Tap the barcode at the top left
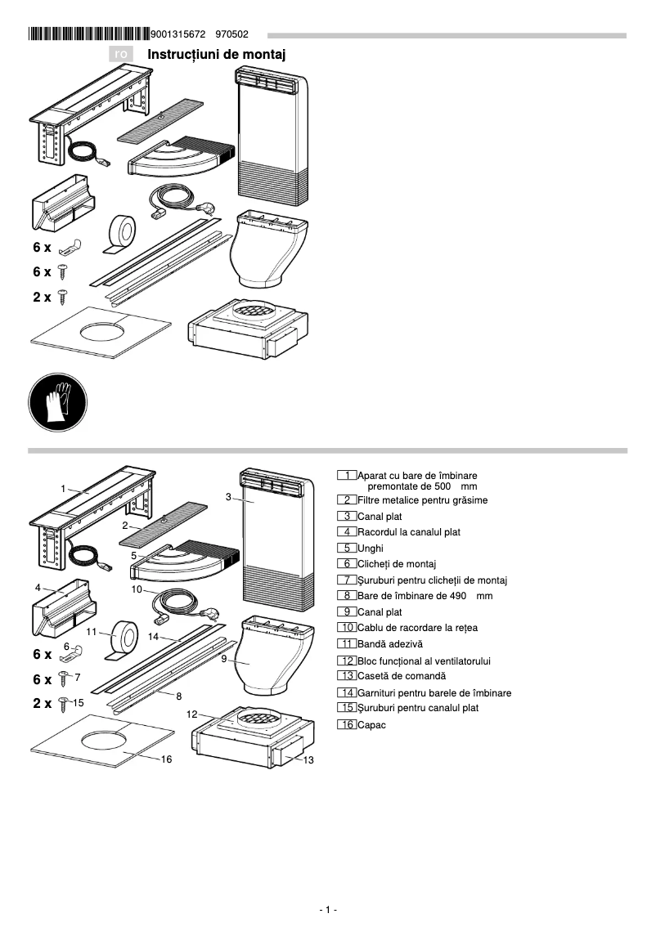pyautogui.click(x=88, y=34)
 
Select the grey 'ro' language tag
pyautogui.click(x=121, y=54)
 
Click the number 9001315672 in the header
pyautogui.click(x=178, y=34)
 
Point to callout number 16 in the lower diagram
pyautogui.click(x=166, y=759)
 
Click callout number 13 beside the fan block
pyautogui.click(x=308, y=760)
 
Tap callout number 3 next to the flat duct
pyautogui.click(x=229, y=496)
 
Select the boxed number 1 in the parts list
pyautogui.click(x=347, y=476)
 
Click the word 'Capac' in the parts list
pyautogui.click(x=371, y=724)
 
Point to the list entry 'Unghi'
pyautogui.click(x=371, y=548)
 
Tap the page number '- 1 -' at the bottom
pyautogui.click(x=328, y=910)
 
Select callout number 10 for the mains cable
pyautogui.click(x=137, y=589)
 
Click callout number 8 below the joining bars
pyautogui.click(x=178, y=696)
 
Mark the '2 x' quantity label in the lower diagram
pyautogui.click(x=42, y=703)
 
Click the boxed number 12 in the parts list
pyautogui.click(x=347, y=661)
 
